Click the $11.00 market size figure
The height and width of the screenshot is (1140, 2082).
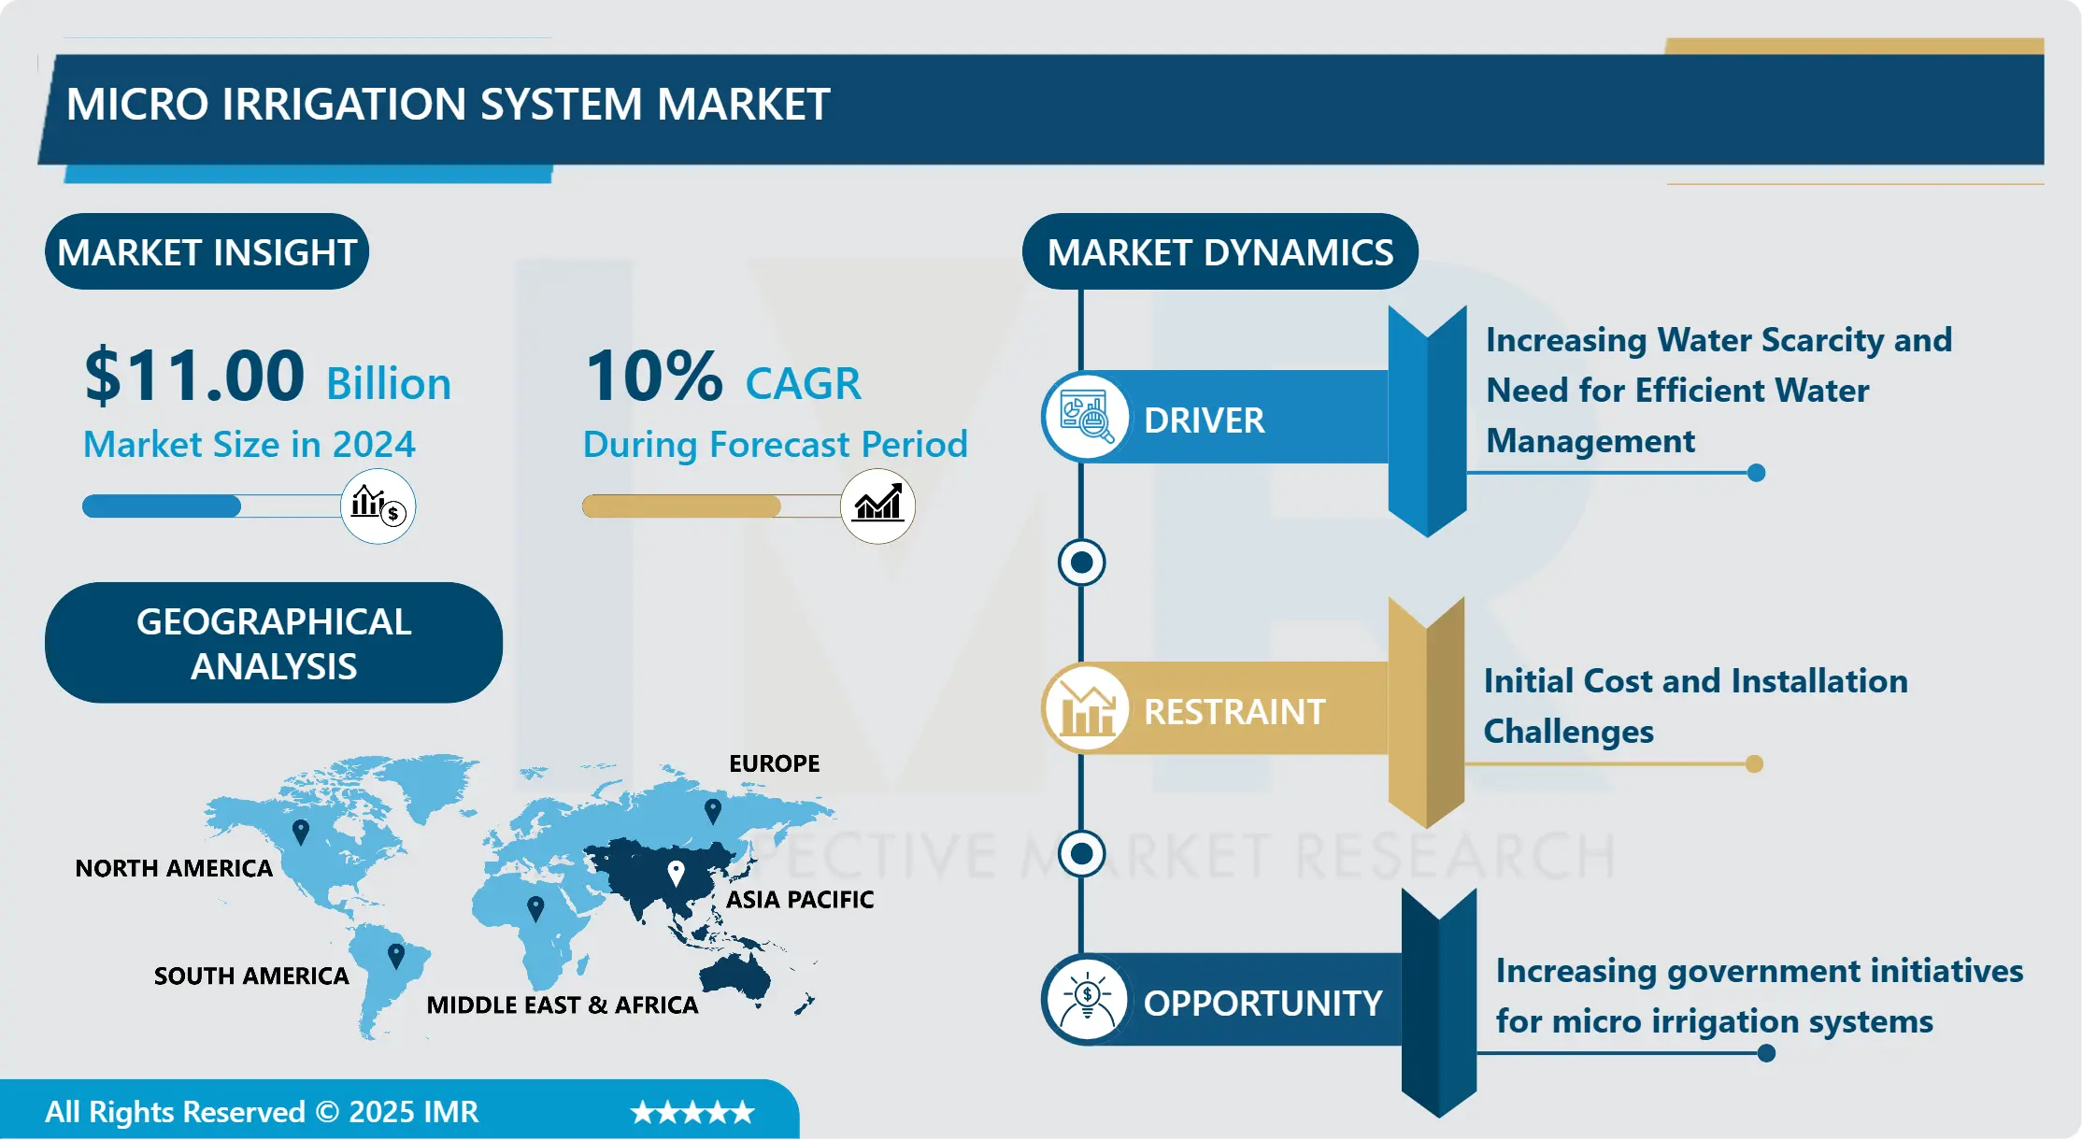click(x=194, y=376)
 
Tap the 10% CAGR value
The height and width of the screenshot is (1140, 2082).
click(x=654, y=376)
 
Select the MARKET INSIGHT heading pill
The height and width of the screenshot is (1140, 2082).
click(x=207, y=251)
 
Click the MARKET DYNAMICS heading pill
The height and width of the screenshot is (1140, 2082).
click(x=1219, y=251)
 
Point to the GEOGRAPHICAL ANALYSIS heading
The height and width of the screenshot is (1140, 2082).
click(x=274, y=643)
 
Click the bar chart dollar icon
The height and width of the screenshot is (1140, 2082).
click(x=378, y=506)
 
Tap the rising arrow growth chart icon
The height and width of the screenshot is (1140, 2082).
click(x=877, y=506)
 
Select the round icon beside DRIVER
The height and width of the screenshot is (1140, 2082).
click(x=1085, y=417)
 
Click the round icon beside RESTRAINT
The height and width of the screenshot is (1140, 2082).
click(x=1085, y=708)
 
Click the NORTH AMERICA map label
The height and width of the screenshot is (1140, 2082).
click(x=174, y=868)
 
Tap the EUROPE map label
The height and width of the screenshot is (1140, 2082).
click(x=774, y=763)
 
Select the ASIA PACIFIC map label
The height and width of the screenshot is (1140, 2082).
click(x=800, y=899)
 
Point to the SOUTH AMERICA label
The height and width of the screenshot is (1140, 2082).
click(x=251, y=976)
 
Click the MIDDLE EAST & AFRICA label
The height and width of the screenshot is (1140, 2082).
click(x=563, y=1005)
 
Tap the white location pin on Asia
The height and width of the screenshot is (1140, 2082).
click(x=676, y=874)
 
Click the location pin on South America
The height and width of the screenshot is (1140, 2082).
click(x=396, y=956)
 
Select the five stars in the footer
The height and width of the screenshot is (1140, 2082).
click(x=692, y=1112)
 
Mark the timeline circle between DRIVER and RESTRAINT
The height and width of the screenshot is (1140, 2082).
click(x=1081, y=563)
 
